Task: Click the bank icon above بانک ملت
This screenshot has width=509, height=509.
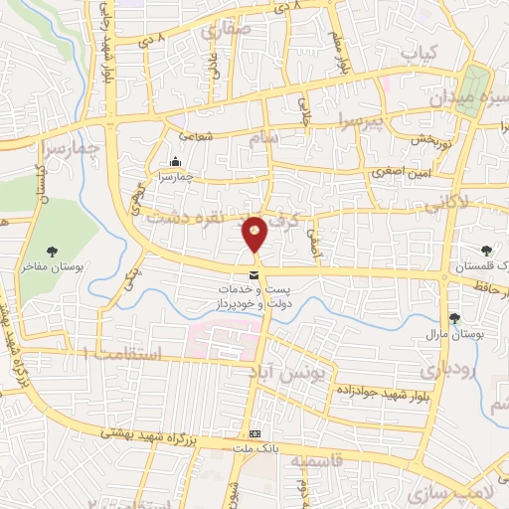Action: coord(255,434)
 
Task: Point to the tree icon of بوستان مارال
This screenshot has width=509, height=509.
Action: coord(454,318)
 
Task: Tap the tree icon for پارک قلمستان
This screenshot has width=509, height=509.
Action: coord(486,251)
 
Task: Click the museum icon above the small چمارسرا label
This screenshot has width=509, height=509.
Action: coord(176,162)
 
